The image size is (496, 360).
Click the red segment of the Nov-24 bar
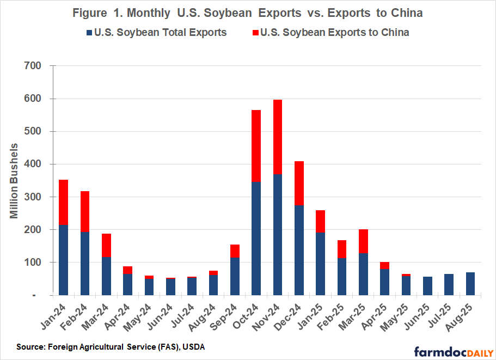277,137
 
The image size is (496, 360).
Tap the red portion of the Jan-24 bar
64,202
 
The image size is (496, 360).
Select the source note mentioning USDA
107,347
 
